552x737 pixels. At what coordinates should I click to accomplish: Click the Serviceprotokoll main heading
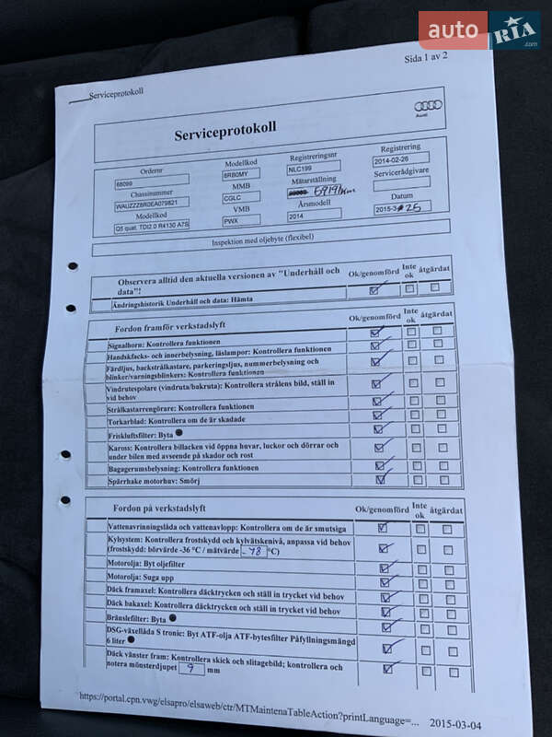coord(224,135)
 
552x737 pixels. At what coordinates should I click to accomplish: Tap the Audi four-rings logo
coord(428,105)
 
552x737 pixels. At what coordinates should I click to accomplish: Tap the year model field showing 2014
coord(314,216)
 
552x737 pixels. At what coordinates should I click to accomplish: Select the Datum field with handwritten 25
coord(402,207)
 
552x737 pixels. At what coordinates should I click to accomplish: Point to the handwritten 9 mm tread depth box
coord(190,670)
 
